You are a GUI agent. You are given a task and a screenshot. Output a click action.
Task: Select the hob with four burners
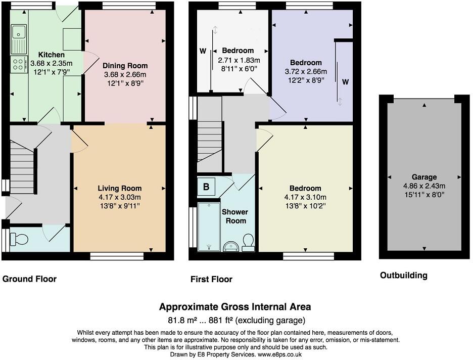click(x=19, y=65)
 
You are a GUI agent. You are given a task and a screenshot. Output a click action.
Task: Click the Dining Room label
click(x=125, y=66)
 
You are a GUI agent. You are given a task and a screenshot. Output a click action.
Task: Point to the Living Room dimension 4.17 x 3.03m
click(x=119, y=197)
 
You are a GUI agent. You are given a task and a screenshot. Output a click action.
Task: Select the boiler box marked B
click(x=206, y=187)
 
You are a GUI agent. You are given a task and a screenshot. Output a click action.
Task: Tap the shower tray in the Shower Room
click(x=209, y=226)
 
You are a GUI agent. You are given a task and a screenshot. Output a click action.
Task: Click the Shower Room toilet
click(x=248, y=242)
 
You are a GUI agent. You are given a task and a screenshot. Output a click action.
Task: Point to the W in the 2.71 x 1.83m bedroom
click(x=203, y=51)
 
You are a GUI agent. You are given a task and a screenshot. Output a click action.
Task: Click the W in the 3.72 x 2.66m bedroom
click(x=345, y=81)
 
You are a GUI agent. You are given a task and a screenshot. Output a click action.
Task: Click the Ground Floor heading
click(x=29, y=279)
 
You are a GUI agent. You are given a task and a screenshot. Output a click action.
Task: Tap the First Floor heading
click(x=211, y=279)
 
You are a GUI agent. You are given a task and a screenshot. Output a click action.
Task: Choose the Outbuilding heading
click(x=403, y=276)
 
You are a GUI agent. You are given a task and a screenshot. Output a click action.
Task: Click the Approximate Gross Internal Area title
click(x=235, y=307)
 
